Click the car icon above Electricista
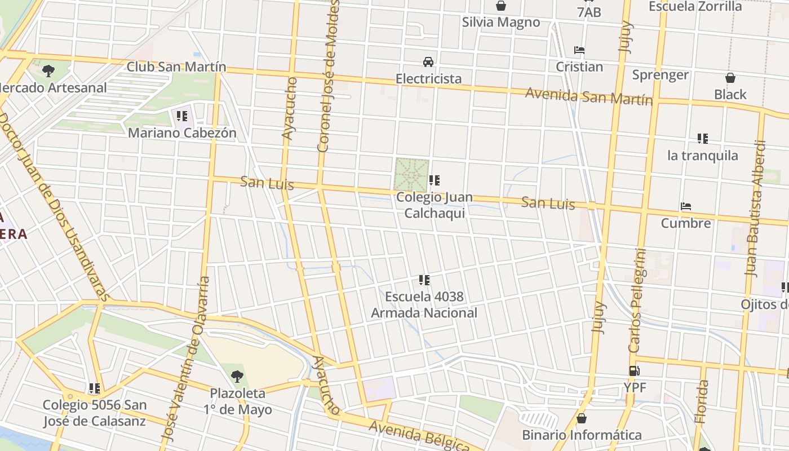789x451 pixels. (x=428, y=61)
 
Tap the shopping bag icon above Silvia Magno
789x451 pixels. (x=500, y=6)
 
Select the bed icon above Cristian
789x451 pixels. (x=579, y=50)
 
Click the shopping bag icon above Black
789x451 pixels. (x=730, y=78)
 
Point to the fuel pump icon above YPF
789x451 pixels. (x=635, y=371)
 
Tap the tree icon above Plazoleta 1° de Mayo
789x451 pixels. (x=237, y=376)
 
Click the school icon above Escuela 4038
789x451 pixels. (x=424, y=280)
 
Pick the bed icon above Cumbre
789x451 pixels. (x=685, y=206)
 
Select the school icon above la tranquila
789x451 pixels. (x=702, y=138)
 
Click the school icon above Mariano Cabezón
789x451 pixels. (x=181, y=116)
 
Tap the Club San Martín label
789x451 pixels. (x=176, y=67)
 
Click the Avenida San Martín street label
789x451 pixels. (x=589, y=96)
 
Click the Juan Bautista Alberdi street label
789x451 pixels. (x=755, y=209)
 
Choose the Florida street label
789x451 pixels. (x=701, y=401)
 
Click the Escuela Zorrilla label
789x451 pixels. (x=695, y=6)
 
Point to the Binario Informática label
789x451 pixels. (x=582, y=435)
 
